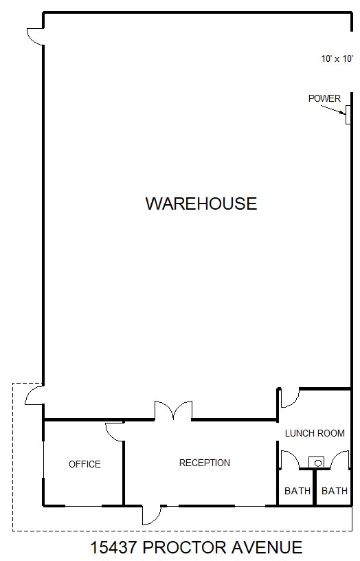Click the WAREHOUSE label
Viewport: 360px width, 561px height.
point(201,203)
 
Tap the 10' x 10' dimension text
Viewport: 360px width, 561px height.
point(336,59)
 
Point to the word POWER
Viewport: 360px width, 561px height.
point(324,98)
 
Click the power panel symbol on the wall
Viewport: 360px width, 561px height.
point(348,115)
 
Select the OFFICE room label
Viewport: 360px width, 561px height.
point(85,464)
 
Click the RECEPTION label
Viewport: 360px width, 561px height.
point(205,463)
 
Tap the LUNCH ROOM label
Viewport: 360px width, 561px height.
point(315,433)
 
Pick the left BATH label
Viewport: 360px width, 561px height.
point(297,491)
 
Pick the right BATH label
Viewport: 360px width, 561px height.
point(335,491)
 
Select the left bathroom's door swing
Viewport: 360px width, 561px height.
point(289,459)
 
